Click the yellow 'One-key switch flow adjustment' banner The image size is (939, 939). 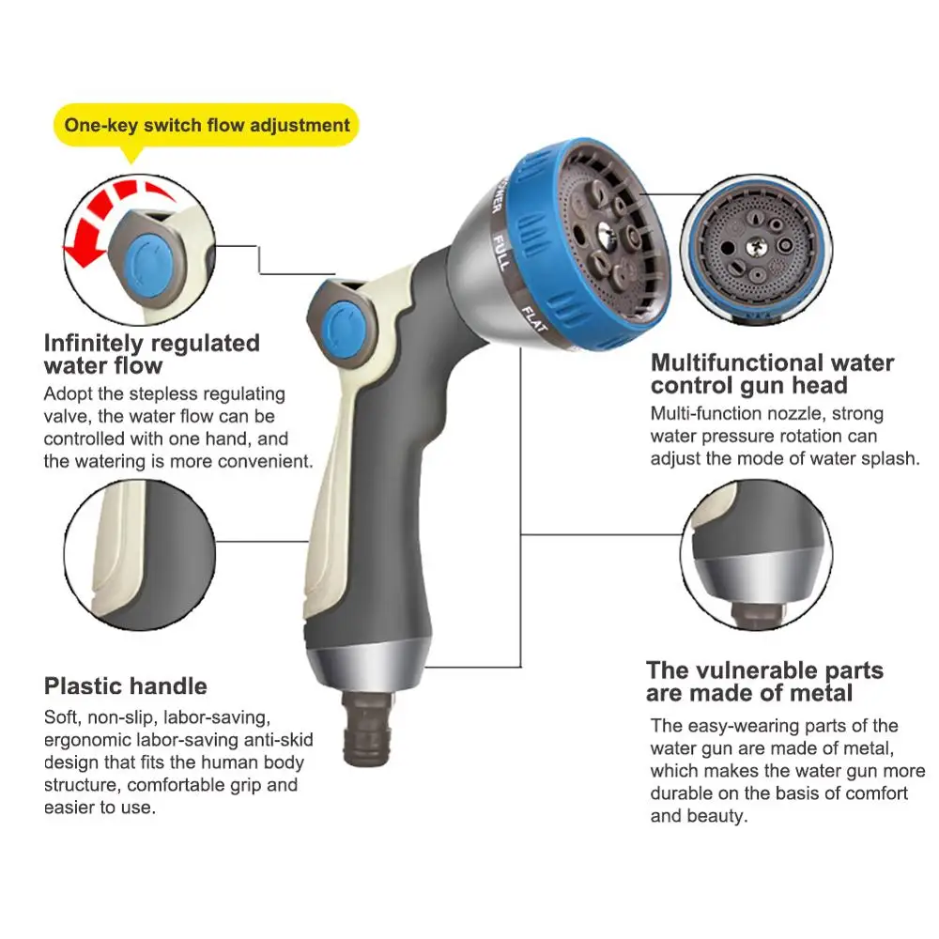[x=207, y=125]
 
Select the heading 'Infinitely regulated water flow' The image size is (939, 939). [x=150, y=353]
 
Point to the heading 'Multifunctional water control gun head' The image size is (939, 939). [x=772, y=374]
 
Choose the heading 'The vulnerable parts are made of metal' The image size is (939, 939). [x=763, y=682]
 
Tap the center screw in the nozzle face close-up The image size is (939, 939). [x=756, y=245]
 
